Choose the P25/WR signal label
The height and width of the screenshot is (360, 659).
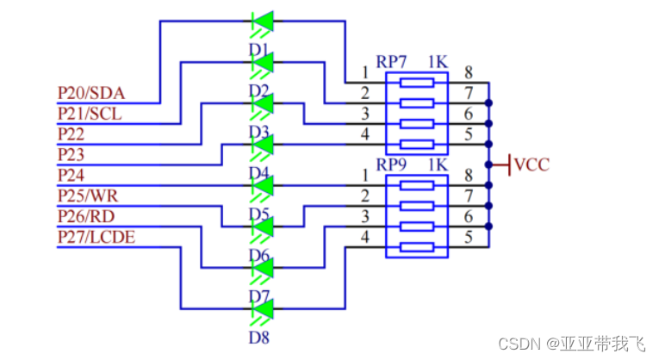coord(87,196)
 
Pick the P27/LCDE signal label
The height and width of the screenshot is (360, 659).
coord(96,237)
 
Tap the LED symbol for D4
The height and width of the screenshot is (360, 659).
coord(262,144)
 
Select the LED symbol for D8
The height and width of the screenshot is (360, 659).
coord(262,308)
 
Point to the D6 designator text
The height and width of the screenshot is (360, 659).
coord(260,255)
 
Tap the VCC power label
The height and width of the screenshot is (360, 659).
coord(532,164)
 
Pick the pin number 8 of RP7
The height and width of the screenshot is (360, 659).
coord(469,73)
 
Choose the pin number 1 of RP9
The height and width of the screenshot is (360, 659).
coord(365,176)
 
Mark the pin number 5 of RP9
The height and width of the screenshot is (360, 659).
coord(469,238)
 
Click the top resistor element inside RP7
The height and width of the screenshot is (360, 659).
coord(417,83)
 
